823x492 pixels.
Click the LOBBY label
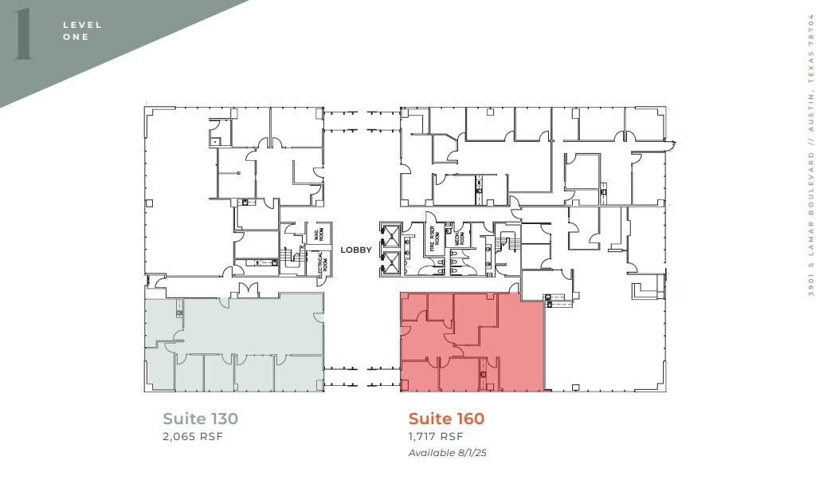click(x=356, y=250)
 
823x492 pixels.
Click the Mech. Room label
click(x=460, y=238)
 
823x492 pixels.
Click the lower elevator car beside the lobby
click(x=390, y=262)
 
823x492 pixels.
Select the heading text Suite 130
click(x=200, y=418)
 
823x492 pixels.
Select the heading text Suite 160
click(x=446, y=418)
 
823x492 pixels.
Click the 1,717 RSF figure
click(x=435, y=436)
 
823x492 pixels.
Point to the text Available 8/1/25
click(x=446, y=453)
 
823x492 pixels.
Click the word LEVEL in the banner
click(x=82, y=25)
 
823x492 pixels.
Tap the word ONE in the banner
click(x=76, y=37)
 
